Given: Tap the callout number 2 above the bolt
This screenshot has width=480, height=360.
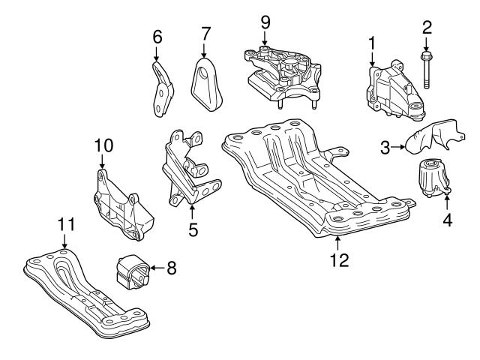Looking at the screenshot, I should [x=427, y=27].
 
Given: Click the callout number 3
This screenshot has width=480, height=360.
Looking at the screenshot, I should [x=385, y=148].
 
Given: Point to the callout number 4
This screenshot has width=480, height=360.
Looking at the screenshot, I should [x=447, y=222].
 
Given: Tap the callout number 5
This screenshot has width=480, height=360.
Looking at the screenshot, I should [x=193, y=230].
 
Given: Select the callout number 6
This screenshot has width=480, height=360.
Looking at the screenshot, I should [x=157, y=36].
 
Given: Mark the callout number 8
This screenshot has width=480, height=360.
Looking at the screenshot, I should [x=172, y=266].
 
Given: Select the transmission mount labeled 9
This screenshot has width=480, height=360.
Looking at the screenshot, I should [x=280, y=72].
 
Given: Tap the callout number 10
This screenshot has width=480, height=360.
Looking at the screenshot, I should [x=103, y=143].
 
